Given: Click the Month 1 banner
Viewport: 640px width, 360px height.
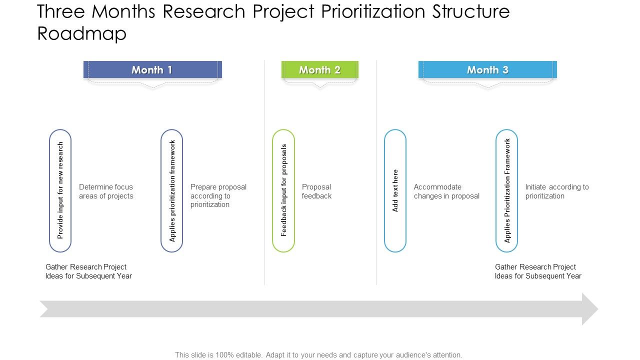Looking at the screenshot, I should tap(152, 70).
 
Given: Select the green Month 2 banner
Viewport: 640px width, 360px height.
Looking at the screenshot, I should tap(319, 70).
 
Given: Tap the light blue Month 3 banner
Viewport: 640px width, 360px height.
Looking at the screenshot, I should tap(487, 70).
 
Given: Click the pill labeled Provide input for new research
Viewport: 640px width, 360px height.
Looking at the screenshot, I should tap(60, 190).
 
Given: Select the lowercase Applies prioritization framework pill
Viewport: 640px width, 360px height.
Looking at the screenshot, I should tap(172, 190).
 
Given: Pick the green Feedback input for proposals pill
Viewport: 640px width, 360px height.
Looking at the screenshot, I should tap(283, 190).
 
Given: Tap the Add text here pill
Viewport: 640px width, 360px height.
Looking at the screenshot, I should tap(395, 190).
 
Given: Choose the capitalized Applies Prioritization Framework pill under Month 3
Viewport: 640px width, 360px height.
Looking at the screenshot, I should tap(506, 190).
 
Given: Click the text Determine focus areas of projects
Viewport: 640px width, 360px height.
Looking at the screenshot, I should tap(106, 191).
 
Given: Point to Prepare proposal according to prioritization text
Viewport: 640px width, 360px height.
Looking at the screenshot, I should tap(218, 195).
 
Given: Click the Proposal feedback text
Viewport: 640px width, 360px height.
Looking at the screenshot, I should tap(316, 191).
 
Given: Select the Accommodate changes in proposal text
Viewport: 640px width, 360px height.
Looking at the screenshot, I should tap(446, 191).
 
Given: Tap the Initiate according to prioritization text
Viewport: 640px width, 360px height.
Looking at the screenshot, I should tap(556, 191).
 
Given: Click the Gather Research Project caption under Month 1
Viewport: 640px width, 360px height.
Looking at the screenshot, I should tap(88, 271).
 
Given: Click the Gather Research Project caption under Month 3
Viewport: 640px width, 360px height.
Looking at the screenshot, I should tap(538, 271).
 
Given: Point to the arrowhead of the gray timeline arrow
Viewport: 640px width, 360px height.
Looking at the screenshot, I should tap(589, 309).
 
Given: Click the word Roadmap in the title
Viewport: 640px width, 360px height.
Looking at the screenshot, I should tap(82, 33).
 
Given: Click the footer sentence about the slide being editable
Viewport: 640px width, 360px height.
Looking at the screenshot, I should tap(318, 354).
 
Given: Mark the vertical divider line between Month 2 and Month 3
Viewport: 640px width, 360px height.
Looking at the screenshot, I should tap(376, 172).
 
